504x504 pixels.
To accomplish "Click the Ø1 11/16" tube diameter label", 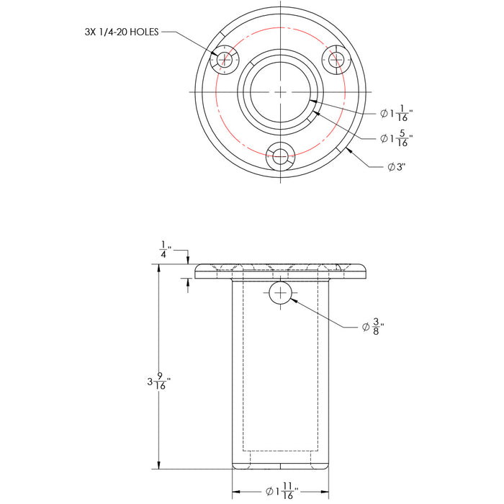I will pyautogui.click(x=282, y=491).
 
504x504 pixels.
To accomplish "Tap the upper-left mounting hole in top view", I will pyautogui.click(x=225, y=60).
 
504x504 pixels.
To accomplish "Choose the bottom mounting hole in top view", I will pyautogui.click(x=280, y=156).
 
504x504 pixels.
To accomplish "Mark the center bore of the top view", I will pyautogui.click(x=280, y=91).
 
